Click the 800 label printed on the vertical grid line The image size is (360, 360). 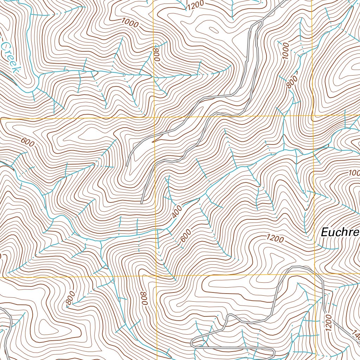(156, 54)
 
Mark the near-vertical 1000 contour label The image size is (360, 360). (285, 51)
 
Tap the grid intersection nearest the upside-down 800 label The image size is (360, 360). (156, 276)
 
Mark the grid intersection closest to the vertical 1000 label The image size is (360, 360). (313, 115)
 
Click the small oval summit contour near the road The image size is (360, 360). (213, 30)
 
